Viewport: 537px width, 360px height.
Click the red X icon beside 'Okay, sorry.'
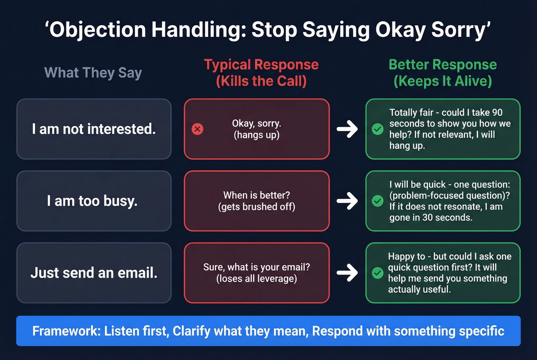click(198, 129)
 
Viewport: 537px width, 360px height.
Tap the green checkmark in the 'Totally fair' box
click(378, 129)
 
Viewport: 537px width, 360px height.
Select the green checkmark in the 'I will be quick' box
click(378, 201)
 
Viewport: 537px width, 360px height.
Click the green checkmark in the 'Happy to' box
click(378, 273)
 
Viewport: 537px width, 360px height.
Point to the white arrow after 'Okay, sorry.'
click(347, 129)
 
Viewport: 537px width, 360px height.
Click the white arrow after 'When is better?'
click(347, 201)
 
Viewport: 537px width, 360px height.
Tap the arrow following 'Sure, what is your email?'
click(347, 273)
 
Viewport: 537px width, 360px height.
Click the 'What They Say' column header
click(93, 72)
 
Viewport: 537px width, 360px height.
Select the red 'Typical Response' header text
click(261, 65)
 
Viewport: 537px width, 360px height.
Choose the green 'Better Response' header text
click(443, 65)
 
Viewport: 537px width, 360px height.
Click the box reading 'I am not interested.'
click(94, 129)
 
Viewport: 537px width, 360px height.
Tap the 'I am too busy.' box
click(94, 201)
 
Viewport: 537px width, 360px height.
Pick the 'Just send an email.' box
click(94, 273)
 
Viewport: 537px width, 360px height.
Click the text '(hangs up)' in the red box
click(257, 135)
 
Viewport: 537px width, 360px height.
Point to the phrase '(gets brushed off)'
click(257, 207)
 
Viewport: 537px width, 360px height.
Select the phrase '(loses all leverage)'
click(257, 279)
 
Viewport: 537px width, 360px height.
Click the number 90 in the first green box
click(497, 112)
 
